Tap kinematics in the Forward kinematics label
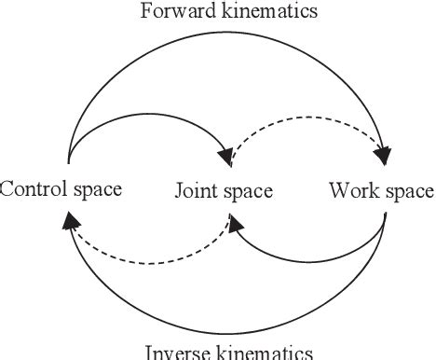pos(268,12)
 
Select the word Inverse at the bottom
pos(174,352)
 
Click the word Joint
pos(193,192)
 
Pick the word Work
pos(350,191)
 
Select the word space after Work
pos(406,192)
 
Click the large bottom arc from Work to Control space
pos(224,330)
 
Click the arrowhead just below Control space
pos(69,221)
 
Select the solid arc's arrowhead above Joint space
pos(225,149)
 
